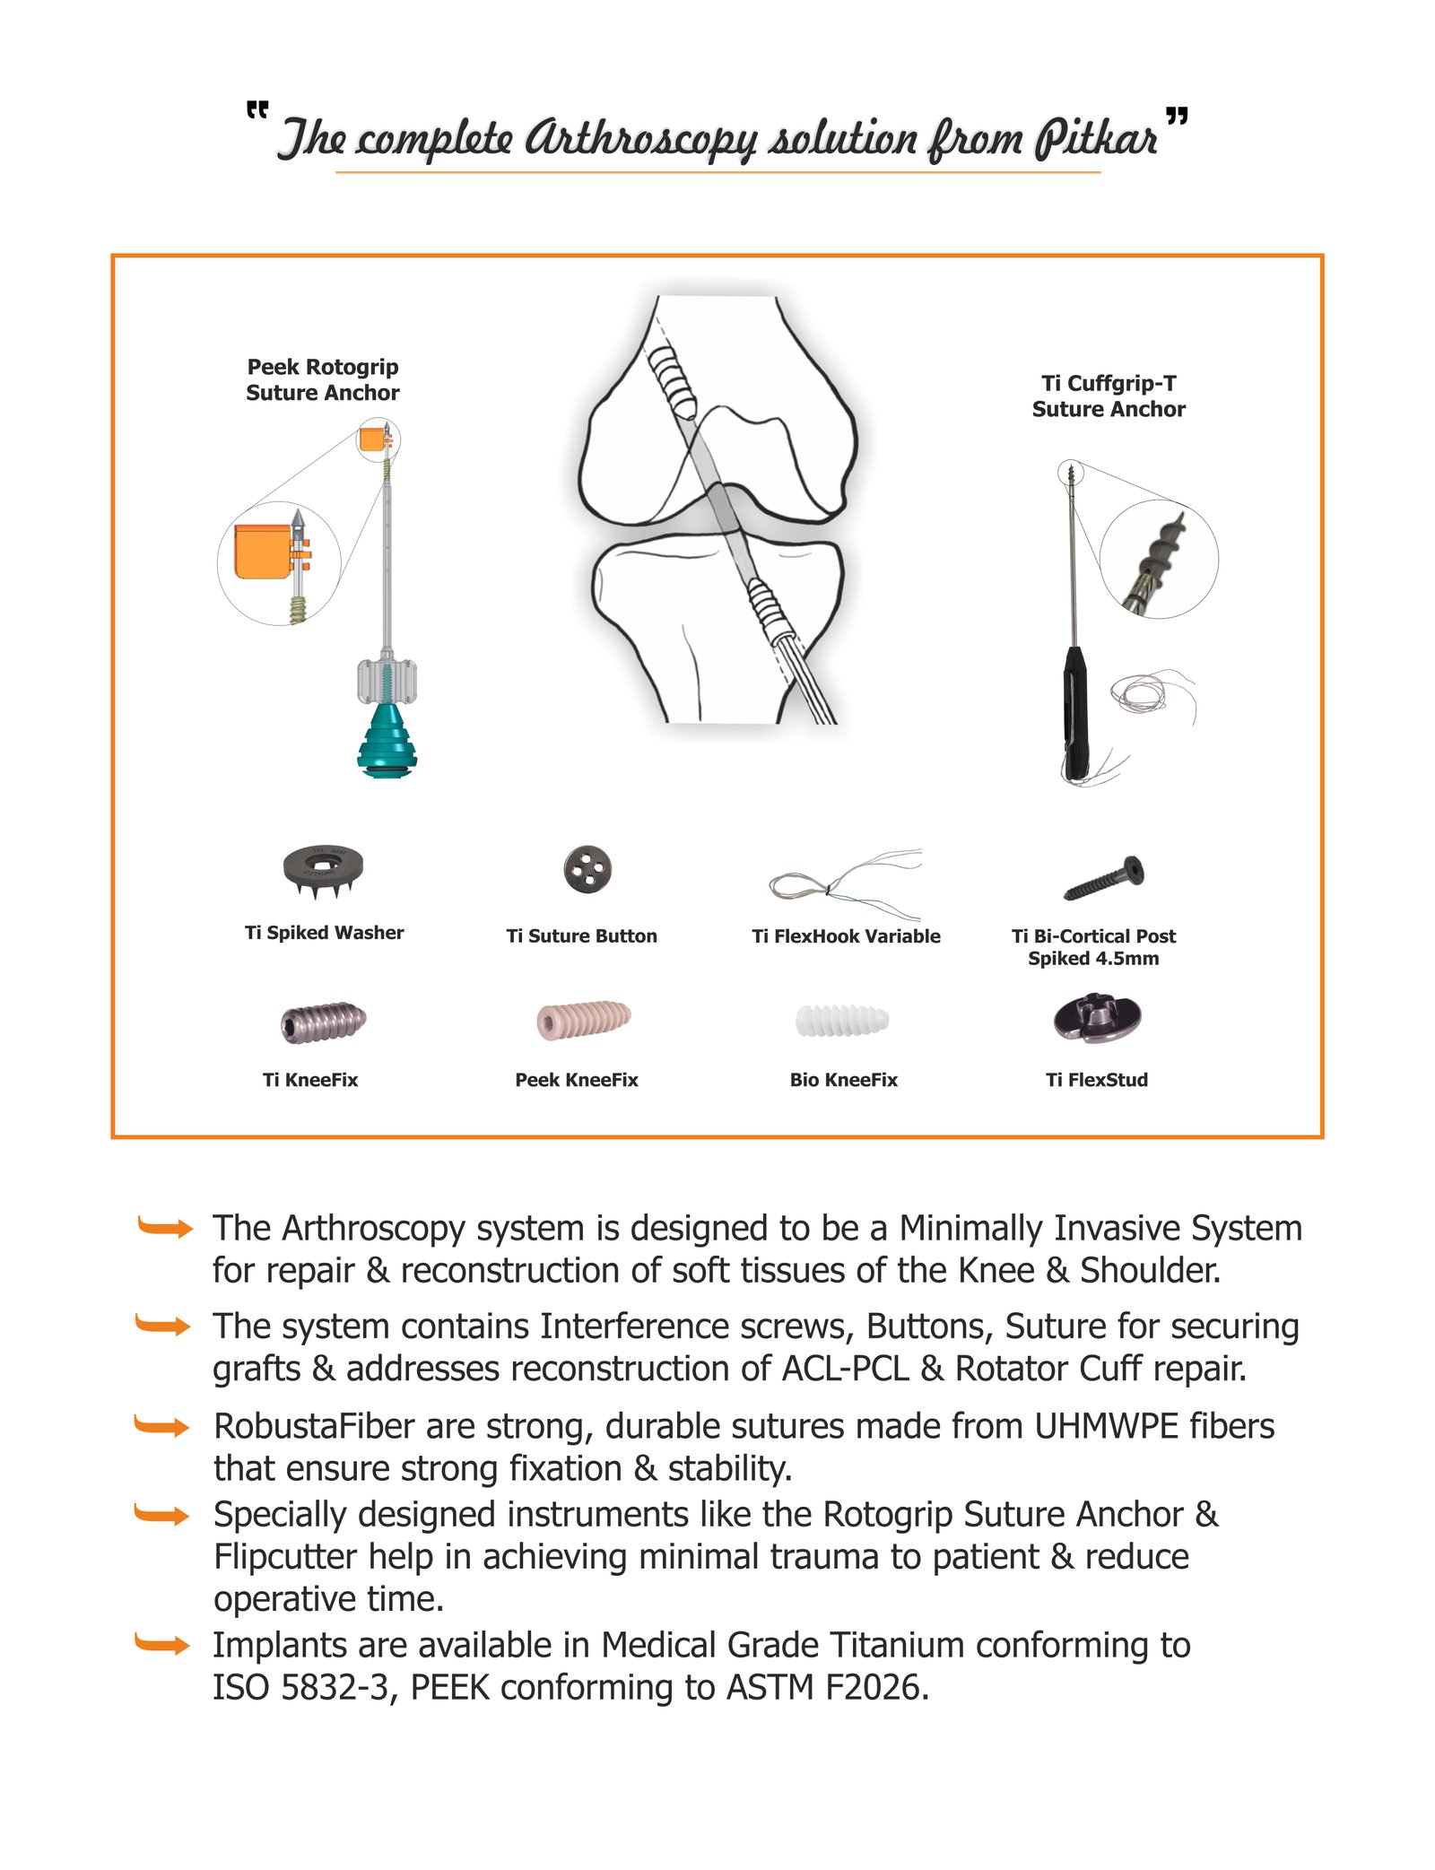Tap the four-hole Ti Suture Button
(587, 869)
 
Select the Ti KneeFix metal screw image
(323, 1022)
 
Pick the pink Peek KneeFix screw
(584, 1019)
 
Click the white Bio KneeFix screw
(841, 1020)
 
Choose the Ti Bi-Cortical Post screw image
(1104, 878)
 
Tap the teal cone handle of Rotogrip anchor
(387, 740)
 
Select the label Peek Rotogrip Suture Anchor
(323, 379)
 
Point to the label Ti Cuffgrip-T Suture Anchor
(1109, 396)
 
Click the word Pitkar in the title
(1095, 139)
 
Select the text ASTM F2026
(826, 1687)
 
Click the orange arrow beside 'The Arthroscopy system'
(165, 1227)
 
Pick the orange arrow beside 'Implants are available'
(162, 1644)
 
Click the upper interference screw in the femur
(672, 380)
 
